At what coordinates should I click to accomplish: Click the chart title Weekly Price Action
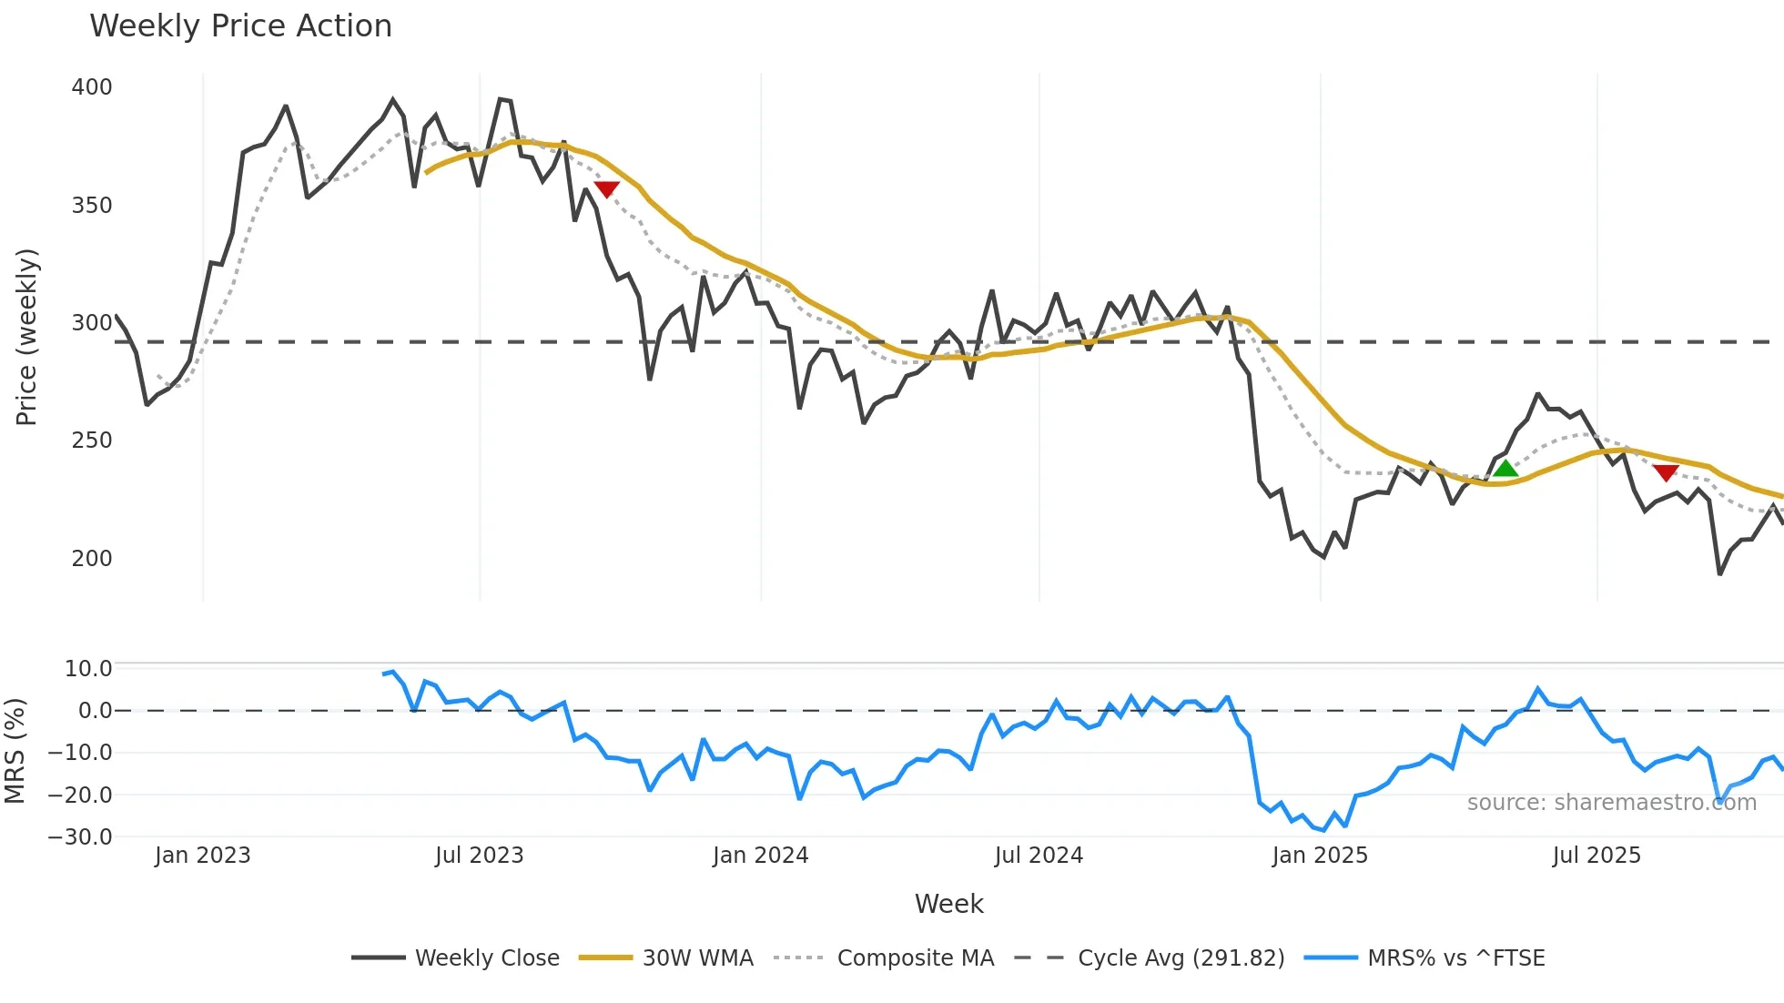pyautogui.click(x=240, y=26)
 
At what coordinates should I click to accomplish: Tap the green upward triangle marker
pyautogui.click(x=1505, y=469)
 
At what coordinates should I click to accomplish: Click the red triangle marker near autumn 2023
pyautogui.click(x=606, y=189)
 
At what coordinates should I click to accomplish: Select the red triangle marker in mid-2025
pyautogui.click(x=1666, y=472)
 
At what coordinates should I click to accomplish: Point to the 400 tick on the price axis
pyautogui.click(x=92, y=87)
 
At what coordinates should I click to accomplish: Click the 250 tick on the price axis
pyautogui.click(x=92, y=441)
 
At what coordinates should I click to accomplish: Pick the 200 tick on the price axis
pyautogui.click(x=92, y=559)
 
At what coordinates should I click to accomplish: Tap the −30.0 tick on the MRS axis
pyautogui.click(x=80, y=837)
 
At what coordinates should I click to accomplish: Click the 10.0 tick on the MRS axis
pyautogui.click(x=88, y=669)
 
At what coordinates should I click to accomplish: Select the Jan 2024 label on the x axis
pyautogui.click(x=760, y=856)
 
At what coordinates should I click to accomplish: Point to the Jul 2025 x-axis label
pyautogui.click(x=1596, y=856)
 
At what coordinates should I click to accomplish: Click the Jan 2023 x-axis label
pyautogui.click(x=202, y=856)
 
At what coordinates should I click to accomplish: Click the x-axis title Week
pyautogui.click(x=948, y=904)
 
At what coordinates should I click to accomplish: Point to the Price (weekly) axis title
pyautogui.click(x=27, y=337)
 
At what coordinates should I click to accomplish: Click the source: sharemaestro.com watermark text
pyautogui.click(x=1611, y=803)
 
